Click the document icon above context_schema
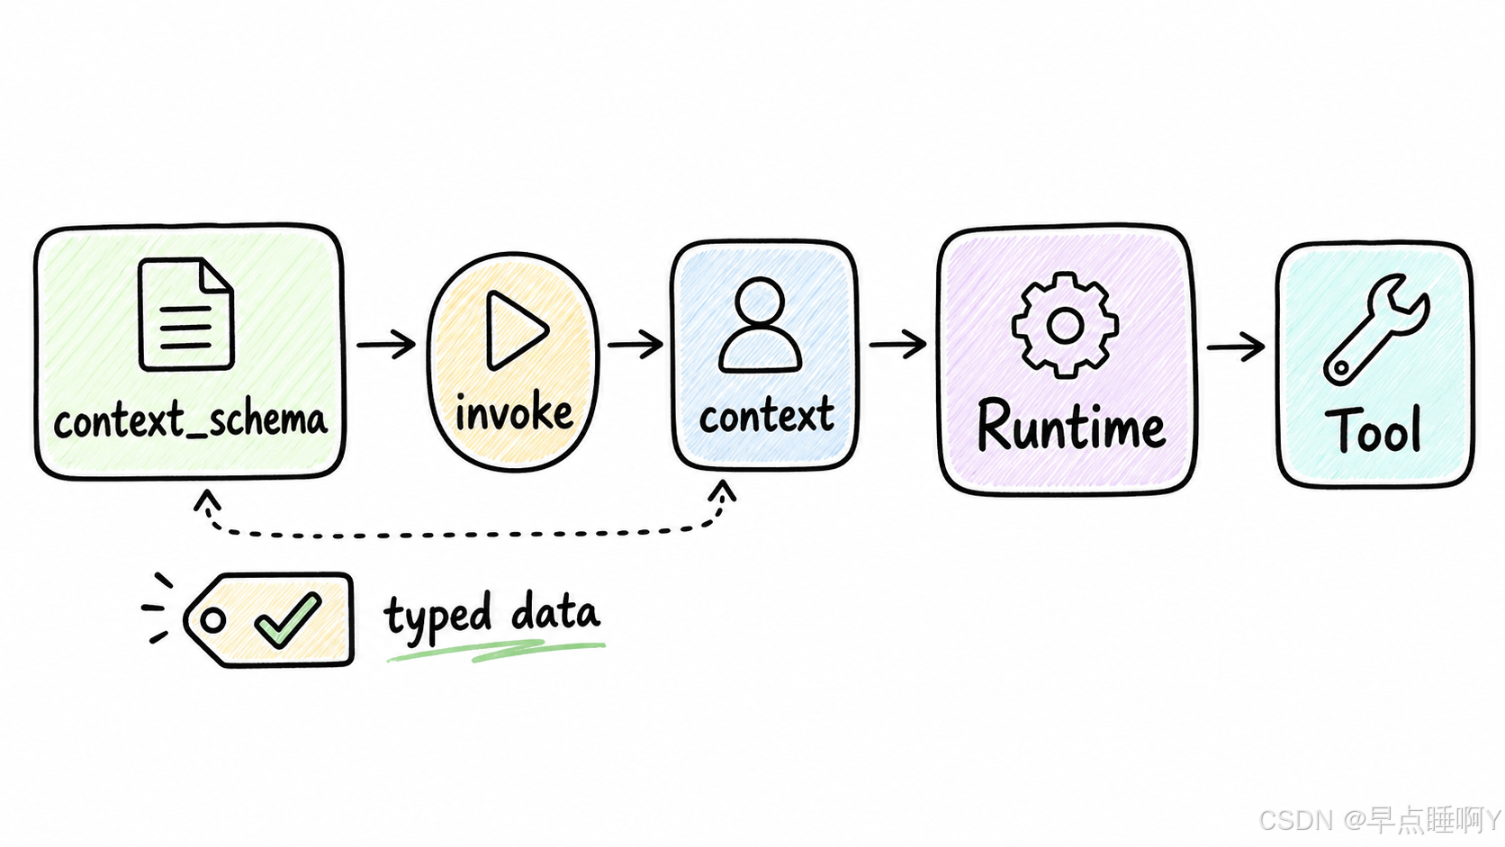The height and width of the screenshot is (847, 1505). coord(186,314)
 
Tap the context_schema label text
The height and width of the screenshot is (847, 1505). coord(190,419)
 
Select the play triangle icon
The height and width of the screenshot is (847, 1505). coord(516,330)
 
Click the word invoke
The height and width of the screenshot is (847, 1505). coord(514,411)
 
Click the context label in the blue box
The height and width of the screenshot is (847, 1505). coord(767,414)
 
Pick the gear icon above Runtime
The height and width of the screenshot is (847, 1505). coord(1065,326)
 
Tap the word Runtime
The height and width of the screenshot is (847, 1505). coord(1071,425)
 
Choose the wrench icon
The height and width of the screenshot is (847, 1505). coord(1376,329)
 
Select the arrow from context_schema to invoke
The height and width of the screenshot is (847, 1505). coord(386,345)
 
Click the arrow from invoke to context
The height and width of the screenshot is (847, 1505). coord(635,344)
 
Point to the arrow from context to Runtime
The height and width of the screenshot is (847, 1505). coord(898,344)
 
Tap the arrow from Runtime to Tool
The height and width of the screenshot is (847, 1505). coord(1236,347)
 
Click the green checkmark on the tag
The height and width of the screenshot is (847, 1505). coord(287,620)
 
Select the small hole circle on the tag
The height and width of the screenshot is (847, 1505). coord(212,619)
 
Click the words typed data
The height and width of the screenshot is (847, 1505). coord(491,613)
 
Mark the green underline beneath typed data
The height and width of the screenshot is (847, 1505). coord(496,651)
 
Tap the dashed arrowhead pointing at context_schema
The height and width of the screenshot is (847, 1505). coord(207,500)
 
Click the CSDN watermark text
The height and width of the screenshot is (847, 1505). coord(1379,820)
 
